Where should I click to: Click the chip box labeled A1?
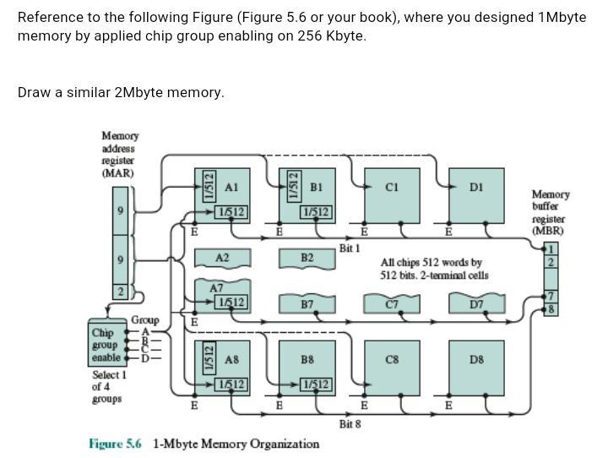(x=223, y=194)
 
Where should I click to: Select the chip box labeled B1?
(x=308, y=194)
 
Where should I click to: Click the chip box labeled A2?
(x=222, y=258)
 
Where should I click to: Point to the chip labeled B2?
(x=307, y=258)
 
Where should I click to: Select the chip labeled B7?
(x=307, y=303)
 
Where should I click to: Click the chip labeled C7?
(x=392, y=303)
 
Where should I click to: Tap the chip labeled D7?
(x=476, y=303)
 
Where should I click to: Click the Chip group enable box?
(x=106, y=345)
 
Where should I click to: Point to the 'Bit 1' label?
(x=350, y=248)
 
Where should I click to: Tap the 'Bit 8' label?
(x=350, y=423)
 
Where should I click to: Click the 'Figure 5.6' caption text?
(x=115, y=444)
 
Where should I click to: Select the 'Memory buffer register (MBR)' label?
(x=551, y=212)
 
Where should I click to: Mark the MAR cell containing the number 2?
(x=122, y=292)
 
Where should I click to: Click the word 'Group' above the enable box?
(x=144, y=321)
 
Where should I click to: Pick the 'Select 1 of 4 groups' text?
(x=109, y=386)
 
